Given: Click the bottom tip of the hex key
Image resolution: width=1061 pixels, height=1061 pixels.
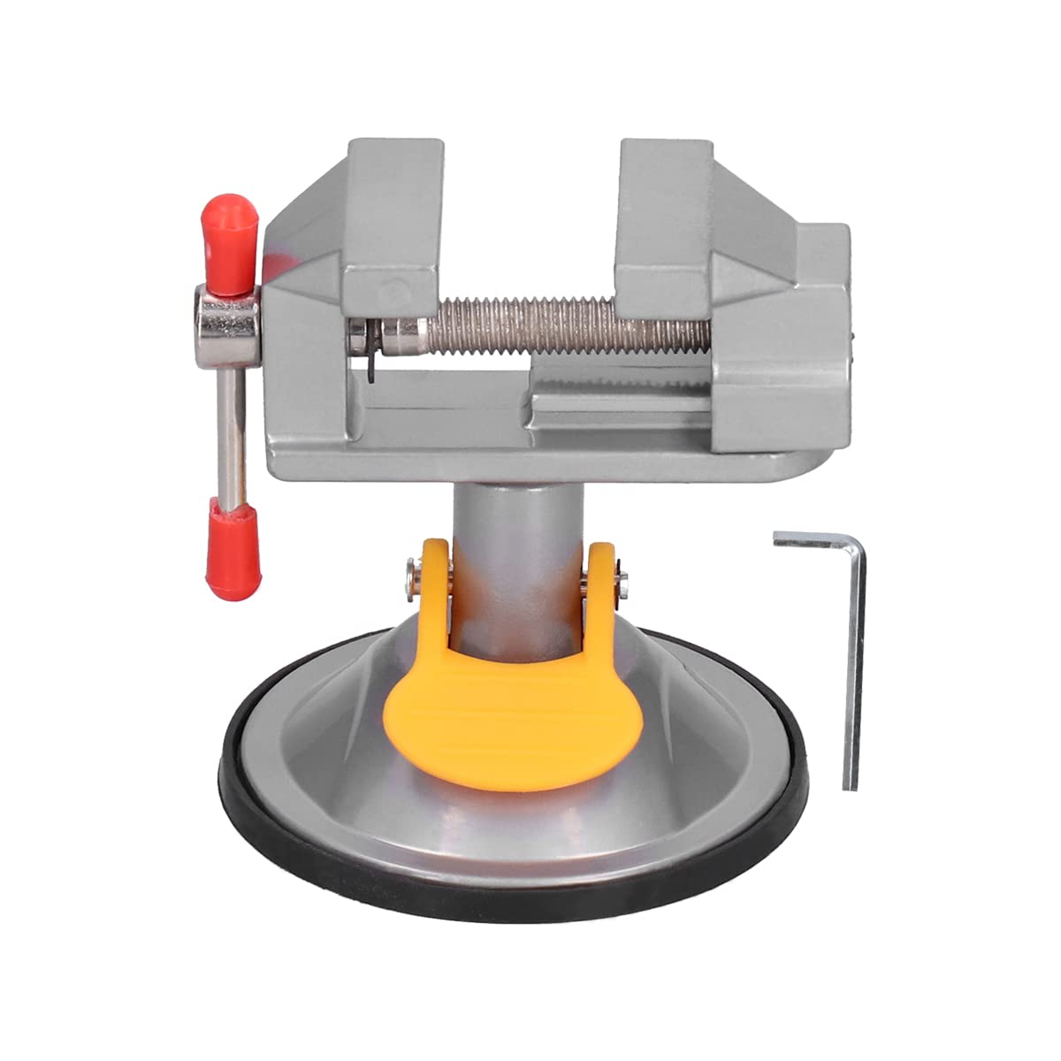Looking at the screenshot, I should [x=850, y=785].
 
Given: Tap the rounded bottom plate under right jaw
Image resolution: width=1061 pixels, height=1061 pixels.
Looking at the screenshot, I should [x=778, y=464].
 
